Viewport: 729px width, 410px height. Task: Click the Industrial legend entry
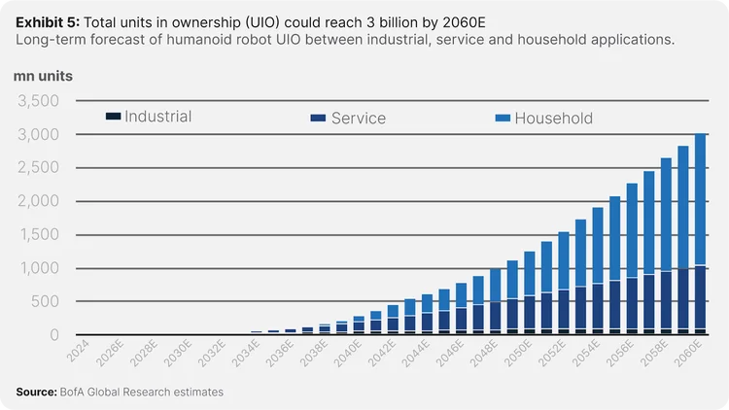(x=156, y=117)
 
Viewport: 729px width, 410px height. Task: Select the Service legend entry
(x=357, y=119)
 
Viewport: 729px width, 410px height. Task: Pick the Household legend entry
(x=552, y=119)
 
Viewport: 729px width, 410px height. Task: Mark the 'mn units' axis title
(x=43, y=75)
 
